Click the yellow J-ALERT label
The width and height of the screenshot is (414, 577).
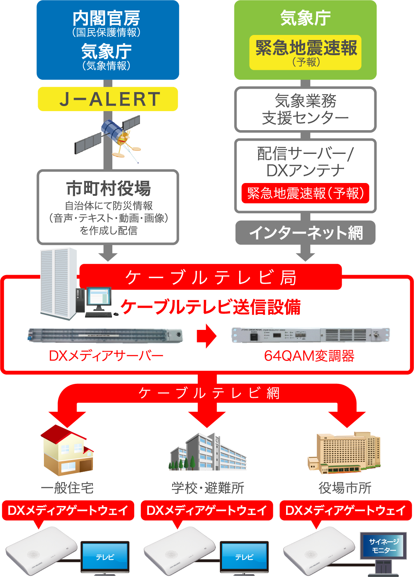pyautogui.click(x=108, y=99)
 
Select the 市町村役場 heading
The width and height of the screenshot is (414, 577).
pyautogui.click(x=108, y=188)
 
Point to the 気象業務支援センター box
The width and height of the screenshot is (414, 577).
pyautogui.click(x=306, y=109)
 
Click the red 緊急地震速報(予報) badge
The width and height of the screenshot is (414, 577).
pyautogui.click(x=306, y=193)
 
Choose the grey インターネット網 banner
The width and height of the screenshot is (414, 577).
pyautogui.click(x=306, y=232)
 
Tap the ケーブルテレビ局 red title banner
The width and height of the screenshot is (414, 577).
pyautogui.click(x=210, y=277)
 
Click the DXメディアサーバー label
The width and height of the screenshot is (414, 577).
pyautogui.click(x=106, y=356)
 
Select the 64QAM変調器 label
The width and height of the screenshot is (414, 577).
pyautogui.click(x=309, y=356)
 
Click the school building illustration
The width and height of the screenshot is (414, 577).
pyautogui.click(x=208, y=453)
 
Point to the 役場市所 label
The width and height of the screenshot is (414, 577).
pyautogui.click(x=345, y=488)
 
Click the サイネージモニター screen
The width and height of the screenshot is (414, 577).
pyautogui.click(x=383, y=546)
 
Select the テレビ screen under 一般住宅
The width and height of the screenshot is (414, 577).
pyautogui.click(x=105, y=557)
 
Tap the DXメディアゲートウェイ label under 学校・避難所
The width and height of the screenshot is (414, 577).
pyautogui.click(x=207, y=510)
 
